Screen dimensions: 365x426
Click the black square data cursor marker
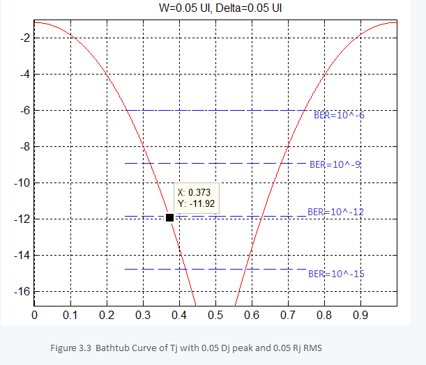click(169, 218)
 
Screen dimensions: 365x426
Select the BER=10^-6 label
click(339, 115)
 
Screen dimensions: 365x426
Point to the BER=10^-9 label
click(335, 165)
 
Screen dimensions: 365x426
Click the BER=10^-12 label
click(335, 211)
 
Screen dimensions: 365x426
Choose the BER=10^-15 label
click(335, 274)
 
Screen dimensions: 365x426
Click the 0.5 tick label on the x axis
click(215, 314)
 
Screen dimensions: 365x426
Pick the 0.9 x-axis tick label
click(360, 314)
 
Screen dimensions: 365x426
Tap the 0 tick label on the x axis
click(34, 314)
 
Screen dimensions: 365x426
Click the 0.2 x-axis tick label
click(106, 314)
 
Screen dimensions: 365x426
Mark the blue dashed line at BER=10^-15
click(216, 269)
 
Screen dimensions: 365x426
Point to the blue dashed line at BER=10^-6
click(216, 110)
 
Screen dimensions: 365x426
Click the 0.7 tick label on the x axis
click(287, 314)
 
